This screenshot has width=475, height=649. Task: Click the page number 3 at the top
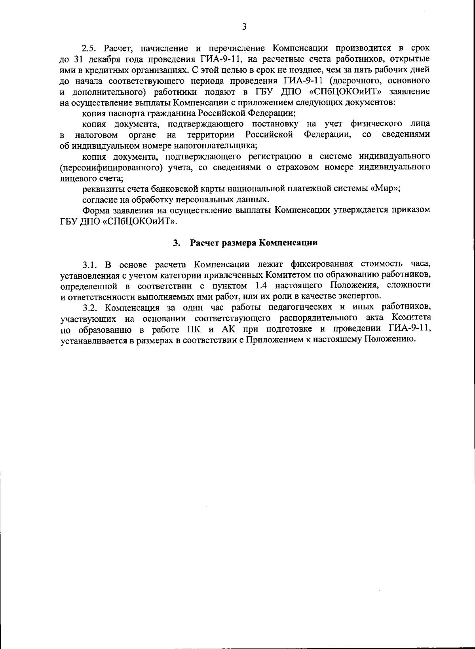point(244,27)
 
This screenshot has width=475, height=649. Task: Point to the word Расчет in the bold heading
point(203,243)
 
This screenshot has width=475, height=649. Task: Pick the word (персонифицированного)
point(111,167)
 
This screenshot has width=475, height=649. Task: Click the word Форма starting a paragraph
point(95,210)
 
